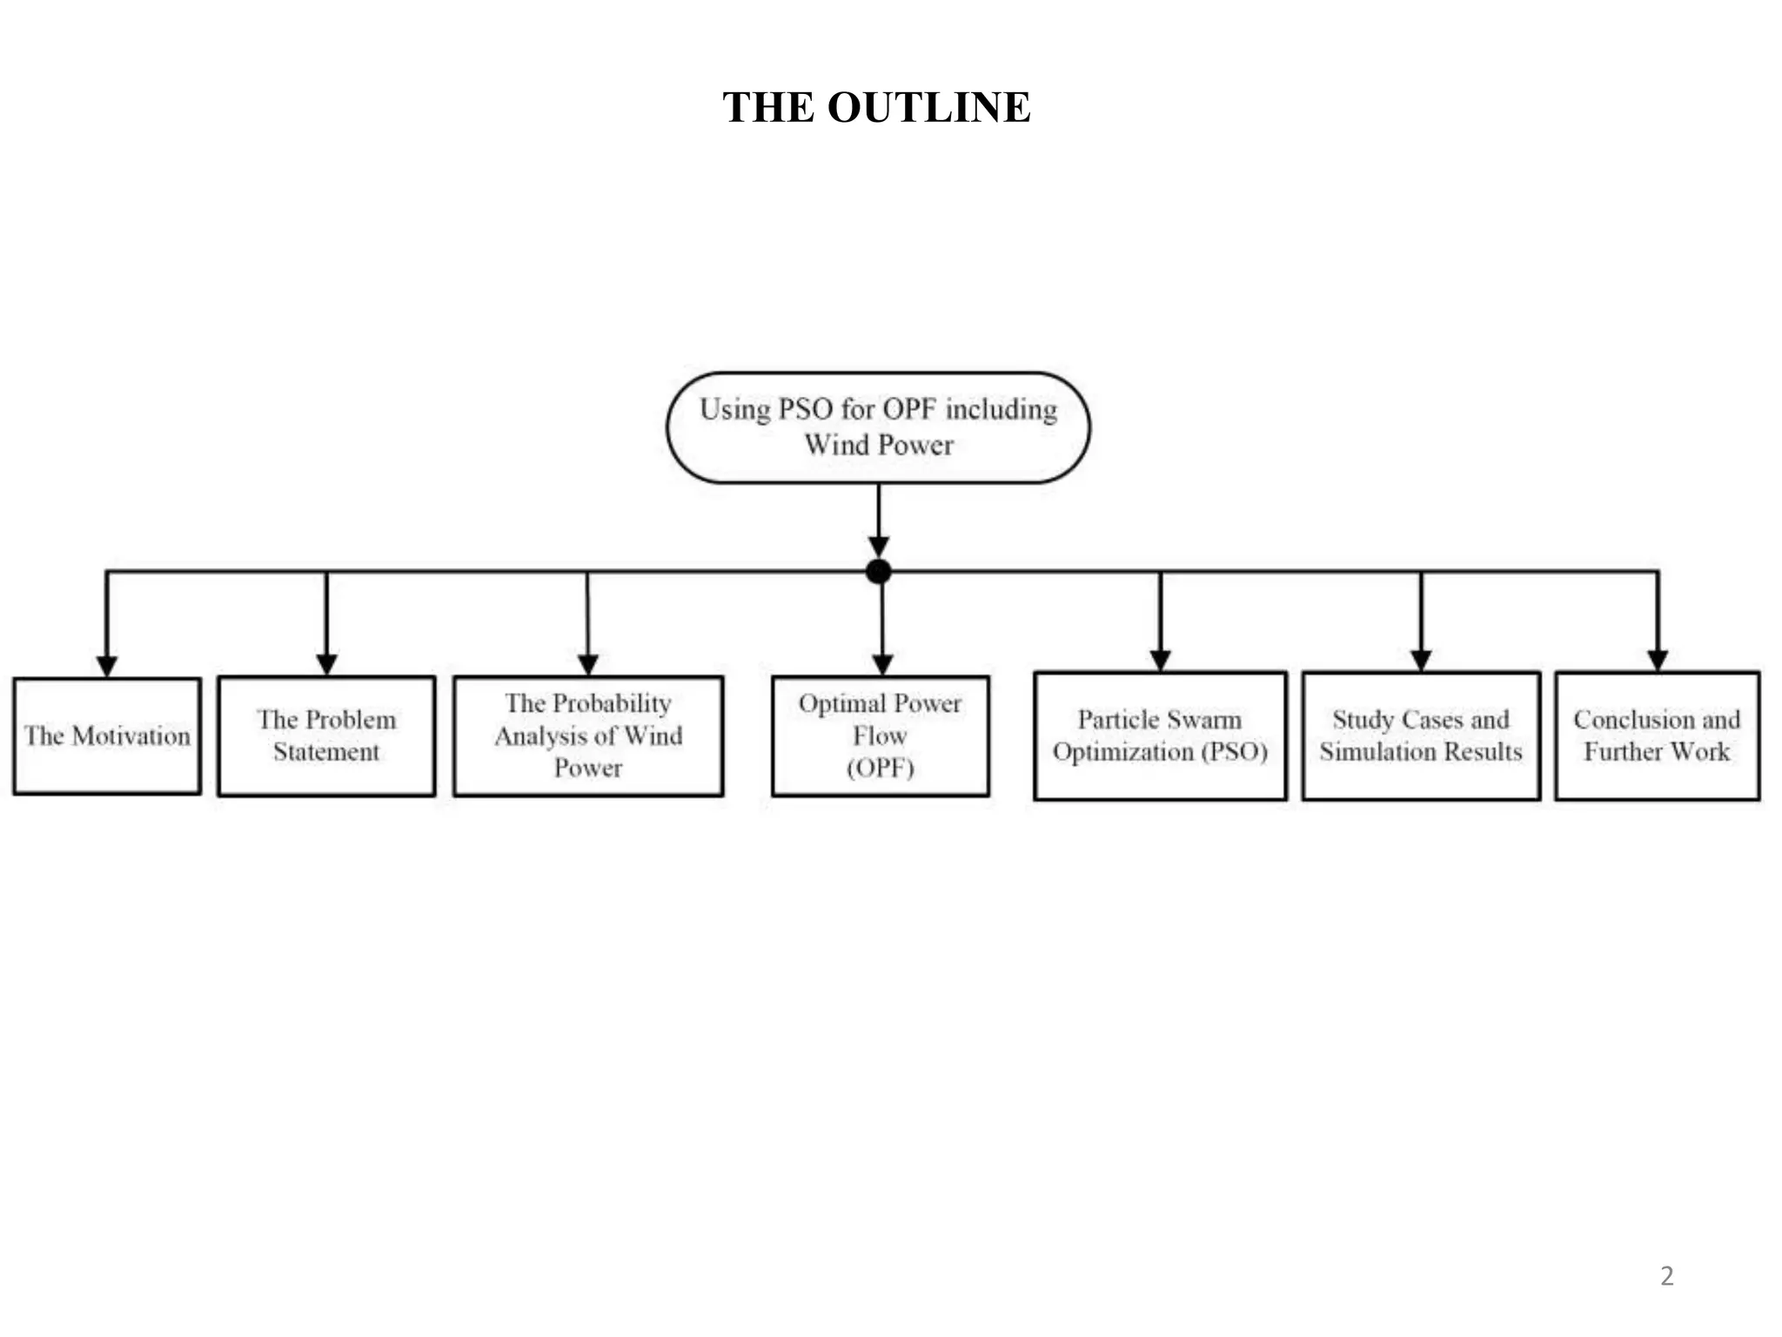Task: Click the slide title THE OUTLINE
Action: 876,107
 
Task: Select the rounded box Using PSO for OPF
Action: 878,427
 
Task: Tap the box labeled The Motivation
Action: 107,736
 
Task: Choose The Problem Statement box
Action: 326,736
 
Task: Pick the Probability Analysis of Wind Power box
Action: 588,736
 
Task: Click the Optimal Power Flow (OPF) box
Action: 880,736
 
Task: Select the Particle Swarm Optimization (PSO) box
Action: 1160,736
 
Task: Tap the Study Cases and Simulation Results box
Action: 1421,736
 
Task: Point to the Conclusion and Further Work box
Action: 1657,736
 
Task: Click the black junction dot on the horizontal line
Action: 879,572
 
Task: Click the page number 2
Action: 1666,1276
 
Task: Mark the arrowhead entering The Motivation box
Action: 107,666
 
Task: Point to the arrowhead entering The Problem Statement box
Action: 326,664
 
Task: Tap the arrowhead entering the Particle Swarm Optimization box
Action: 1160,660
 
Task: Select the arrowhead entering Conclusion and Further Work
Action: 1658,660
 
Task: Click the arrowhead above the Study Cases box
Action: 1421,660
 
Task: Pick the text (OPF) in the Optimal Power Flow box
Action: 880,768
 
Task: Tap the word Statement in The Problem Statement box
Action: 326,752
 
